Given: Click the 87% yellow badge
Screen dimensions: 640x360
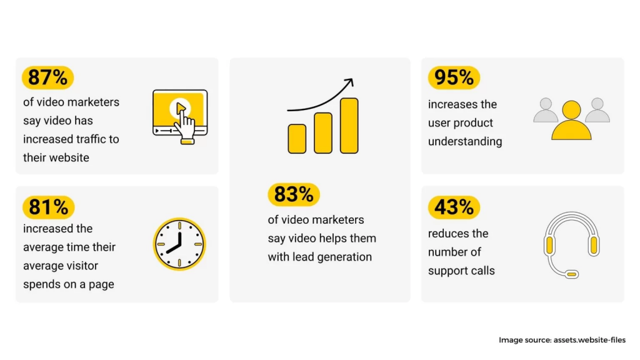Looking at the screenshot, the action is [x=47, y=77].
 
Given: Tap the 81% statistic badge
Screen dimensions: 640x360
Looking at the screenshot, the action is [x=49, y=207].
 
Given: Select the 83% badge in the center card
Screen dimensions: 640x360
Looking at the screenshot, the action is [x=294, y=194].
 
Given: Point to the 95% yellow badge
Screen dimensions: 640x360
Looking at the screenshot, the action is [x=454, y=77].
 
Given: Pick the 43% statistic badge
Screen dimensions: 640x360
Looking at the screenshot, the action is [x=454, y=207].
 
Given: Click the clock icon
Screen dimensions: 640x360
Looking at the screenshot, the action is [x=179, y=244].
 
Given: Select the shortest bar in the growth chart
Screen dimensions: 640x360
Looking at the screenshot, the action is [x=297, y=139].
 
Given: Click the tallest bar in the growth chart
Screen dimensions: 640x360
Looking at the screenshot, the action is [x=349, y=126].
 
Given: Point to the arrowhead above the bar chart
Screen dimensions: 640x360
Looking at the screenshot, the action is [x=349, y=82].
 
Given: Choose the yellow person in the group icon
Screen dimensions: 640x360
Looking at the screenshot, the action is [x=571, y=121].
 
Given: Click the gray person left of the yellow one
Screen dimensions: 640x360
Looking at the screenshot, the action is [x=546, y=110].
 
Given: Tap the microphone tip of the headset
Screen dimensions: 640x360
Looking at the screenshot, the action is [x=572, y=274].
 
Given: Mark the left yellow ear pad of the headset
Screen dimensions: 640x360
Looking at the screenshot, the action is [x=549, y=245].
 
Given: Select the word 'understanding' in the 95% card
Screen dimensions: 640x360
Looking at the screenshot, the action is [x=465, y=142].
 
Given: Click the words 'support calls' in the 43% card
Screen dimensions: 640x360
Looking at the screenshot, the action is [x=461, y=271].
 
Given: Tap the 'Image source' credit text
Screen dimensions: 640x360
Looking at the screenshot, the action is [x=562, y=340].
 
